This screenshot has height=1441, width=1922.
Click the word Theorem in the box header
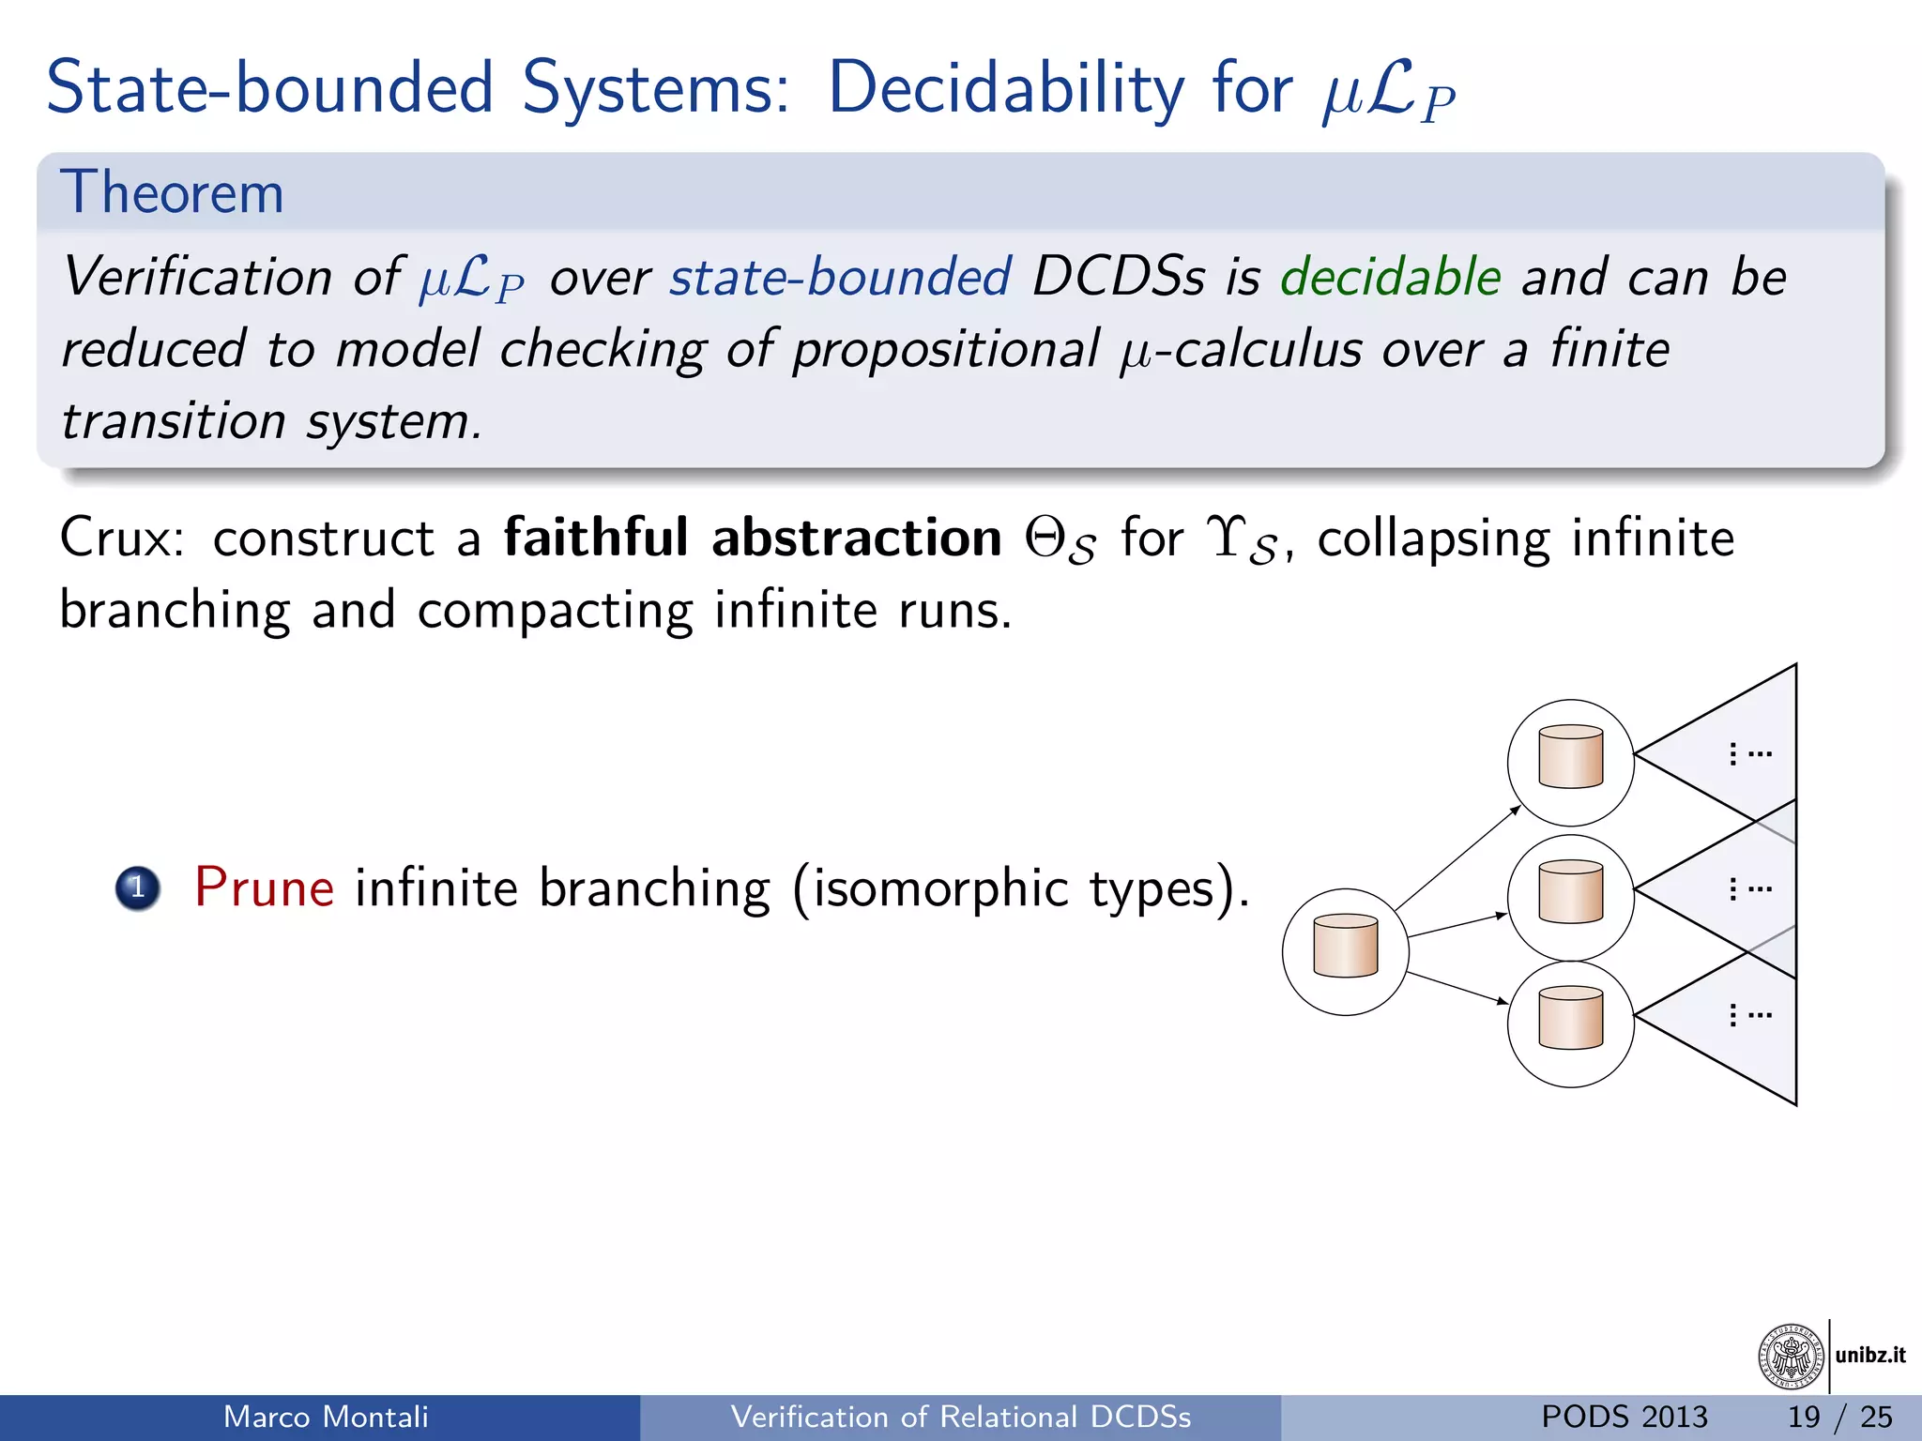coord(172,193)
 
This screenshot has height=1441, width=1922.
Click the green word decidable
coord(1390,278)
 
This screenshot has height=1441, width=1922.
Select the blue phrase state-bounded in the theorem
coord(840,278)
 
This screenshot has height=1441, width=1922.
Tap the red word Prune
coord(264,887)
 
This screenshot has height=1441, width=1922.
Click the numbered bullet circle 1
coord(138,887)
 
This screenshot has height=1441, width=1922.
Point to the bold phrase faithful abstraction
coord(753,538)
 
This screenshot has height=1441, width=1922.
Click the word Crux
coord(120,538)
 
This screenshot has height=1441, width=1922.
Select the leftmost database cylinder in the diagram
coord(1345,947)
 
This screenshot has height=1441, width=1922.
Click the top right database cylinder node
coord(1570,757)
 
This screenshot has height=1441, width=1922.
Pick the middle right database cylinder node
coord(1570,892)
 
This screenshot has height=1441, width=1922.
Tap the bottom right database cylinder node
coord(1570,1019)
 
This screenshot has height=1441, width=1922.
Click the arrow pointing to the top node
coord(1457,858)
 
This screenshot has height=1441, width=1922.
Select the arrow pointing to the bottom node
coord(1457,989)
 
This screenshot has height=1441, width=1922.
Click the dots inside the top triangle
coord(1749,753)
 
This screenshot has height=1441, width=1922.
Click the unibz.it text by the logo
coord(1869,1355)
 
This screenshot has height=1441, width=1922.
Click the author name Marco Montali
coord(326,1417)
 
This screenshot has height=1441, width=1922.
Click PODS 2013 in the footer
coord(1624,1417)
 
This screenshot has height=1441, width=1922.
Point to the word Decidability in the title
coord(1006,89)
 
